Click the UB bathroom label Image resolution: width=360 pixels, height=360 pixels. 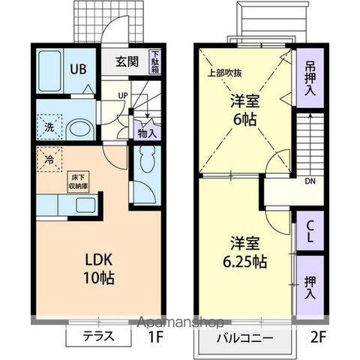pyautogui.click(x=79, y=67)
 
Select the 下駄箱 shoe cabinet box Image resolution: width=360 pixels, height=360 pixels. pyautogui.click(x=155, y=61)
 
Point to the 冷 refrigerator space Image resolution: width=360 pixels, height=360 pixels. pyautogui.click(x=49, y=160)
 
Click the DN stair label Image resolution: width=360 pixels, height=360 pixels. pyautogui.click(x=310, y=181)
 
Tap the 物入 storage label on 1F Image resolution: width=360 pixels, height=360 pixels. pyautogui.click(x=147, y=133)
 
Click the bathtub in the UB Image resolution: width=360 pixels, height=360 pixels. pyautogui.click(x=52, y=70)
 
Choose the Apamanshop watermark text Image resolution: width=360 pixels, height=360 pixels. pyautogui.click(x=180, y=323)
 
